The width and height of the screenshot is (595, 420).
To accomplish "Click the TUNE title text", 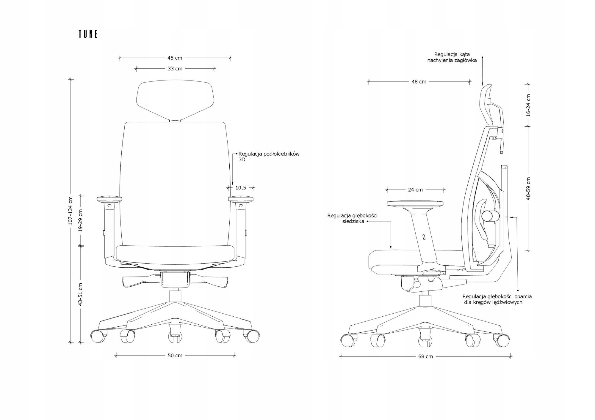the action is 88,34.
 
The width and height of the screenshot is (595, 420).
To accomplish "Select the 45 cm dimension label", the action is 175,58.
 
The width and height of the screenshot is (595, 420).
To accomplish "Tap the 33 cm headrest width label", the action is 175,69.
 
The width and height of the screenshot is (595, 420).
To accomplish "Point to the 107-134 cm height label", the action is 71,210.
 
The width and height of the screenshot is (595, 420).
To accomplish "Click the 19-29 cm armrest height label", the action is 81,220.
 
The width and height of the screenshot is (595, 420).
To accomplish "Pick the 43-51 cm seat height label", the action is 81,294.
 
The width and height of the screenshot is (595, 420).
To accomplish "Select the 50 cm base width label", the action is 175,356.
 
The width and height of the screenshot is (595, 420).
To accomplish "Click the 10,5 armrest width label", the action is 241,188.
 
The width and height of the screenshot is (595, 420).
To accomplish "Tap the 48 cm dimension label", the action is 419,82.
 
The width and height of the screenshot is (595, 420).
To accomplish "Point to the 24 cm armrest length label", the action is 415,190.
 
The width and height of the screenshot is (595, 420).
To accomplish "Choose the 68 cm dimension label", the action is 425,356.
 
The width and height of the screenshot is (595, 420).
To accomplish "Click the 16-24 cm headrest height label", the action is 528,105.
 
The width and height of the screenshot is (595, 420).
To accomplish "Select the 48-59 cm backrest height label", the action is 528,189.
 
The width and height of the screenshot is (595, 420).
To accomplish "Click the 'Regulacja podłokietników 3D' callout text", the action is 269,157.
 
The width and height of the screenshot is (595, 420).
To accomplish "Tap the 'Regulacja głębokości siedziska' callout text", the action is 352,218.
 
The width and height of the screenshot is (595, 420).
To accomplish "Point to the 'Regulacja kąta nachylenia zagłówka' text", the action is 452,57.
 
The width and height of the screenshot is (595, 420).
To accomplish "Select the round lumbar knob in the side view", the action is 491,216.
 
